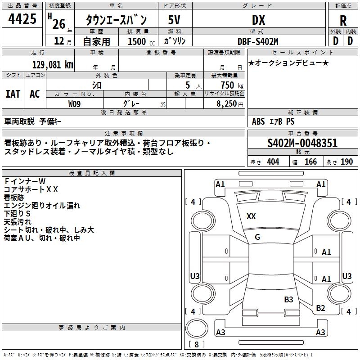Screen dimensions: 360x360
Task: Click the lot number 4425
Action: [22, 19]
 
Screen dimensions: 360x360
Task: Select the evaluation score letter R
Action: [343, 21]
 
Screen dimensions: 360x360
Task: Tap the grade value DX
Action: [258, 20]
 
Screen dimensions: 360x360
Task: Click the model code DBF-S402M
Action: [258, 41]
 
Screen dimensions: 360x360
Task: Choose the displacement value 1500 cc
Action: [139, 41]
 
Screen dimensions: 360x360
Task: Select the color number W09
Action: [75, 103]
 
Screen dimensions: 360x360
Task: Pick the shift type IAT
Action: [13, 94]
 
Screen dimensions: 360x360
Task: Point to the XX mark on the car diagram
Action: [251, 216]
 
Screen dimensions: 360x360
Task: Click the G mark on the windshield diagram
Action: [257, 237]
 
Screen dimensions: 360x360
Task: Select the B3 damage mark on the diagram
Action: [288, 299]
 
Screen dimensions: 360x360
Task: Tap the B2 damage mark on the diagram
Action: [320, 308]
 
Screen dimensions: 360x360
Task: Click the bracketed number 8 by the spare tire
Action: [197, 345]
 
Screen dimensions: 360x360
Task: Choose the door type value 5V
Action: [175, 20]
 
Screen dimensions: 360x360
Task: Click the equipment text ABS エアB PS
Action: [274, 121]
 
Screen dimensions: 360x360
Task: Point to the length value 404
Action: [273, 162]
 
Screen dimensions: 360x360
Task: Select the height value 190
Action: [346, 162]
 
